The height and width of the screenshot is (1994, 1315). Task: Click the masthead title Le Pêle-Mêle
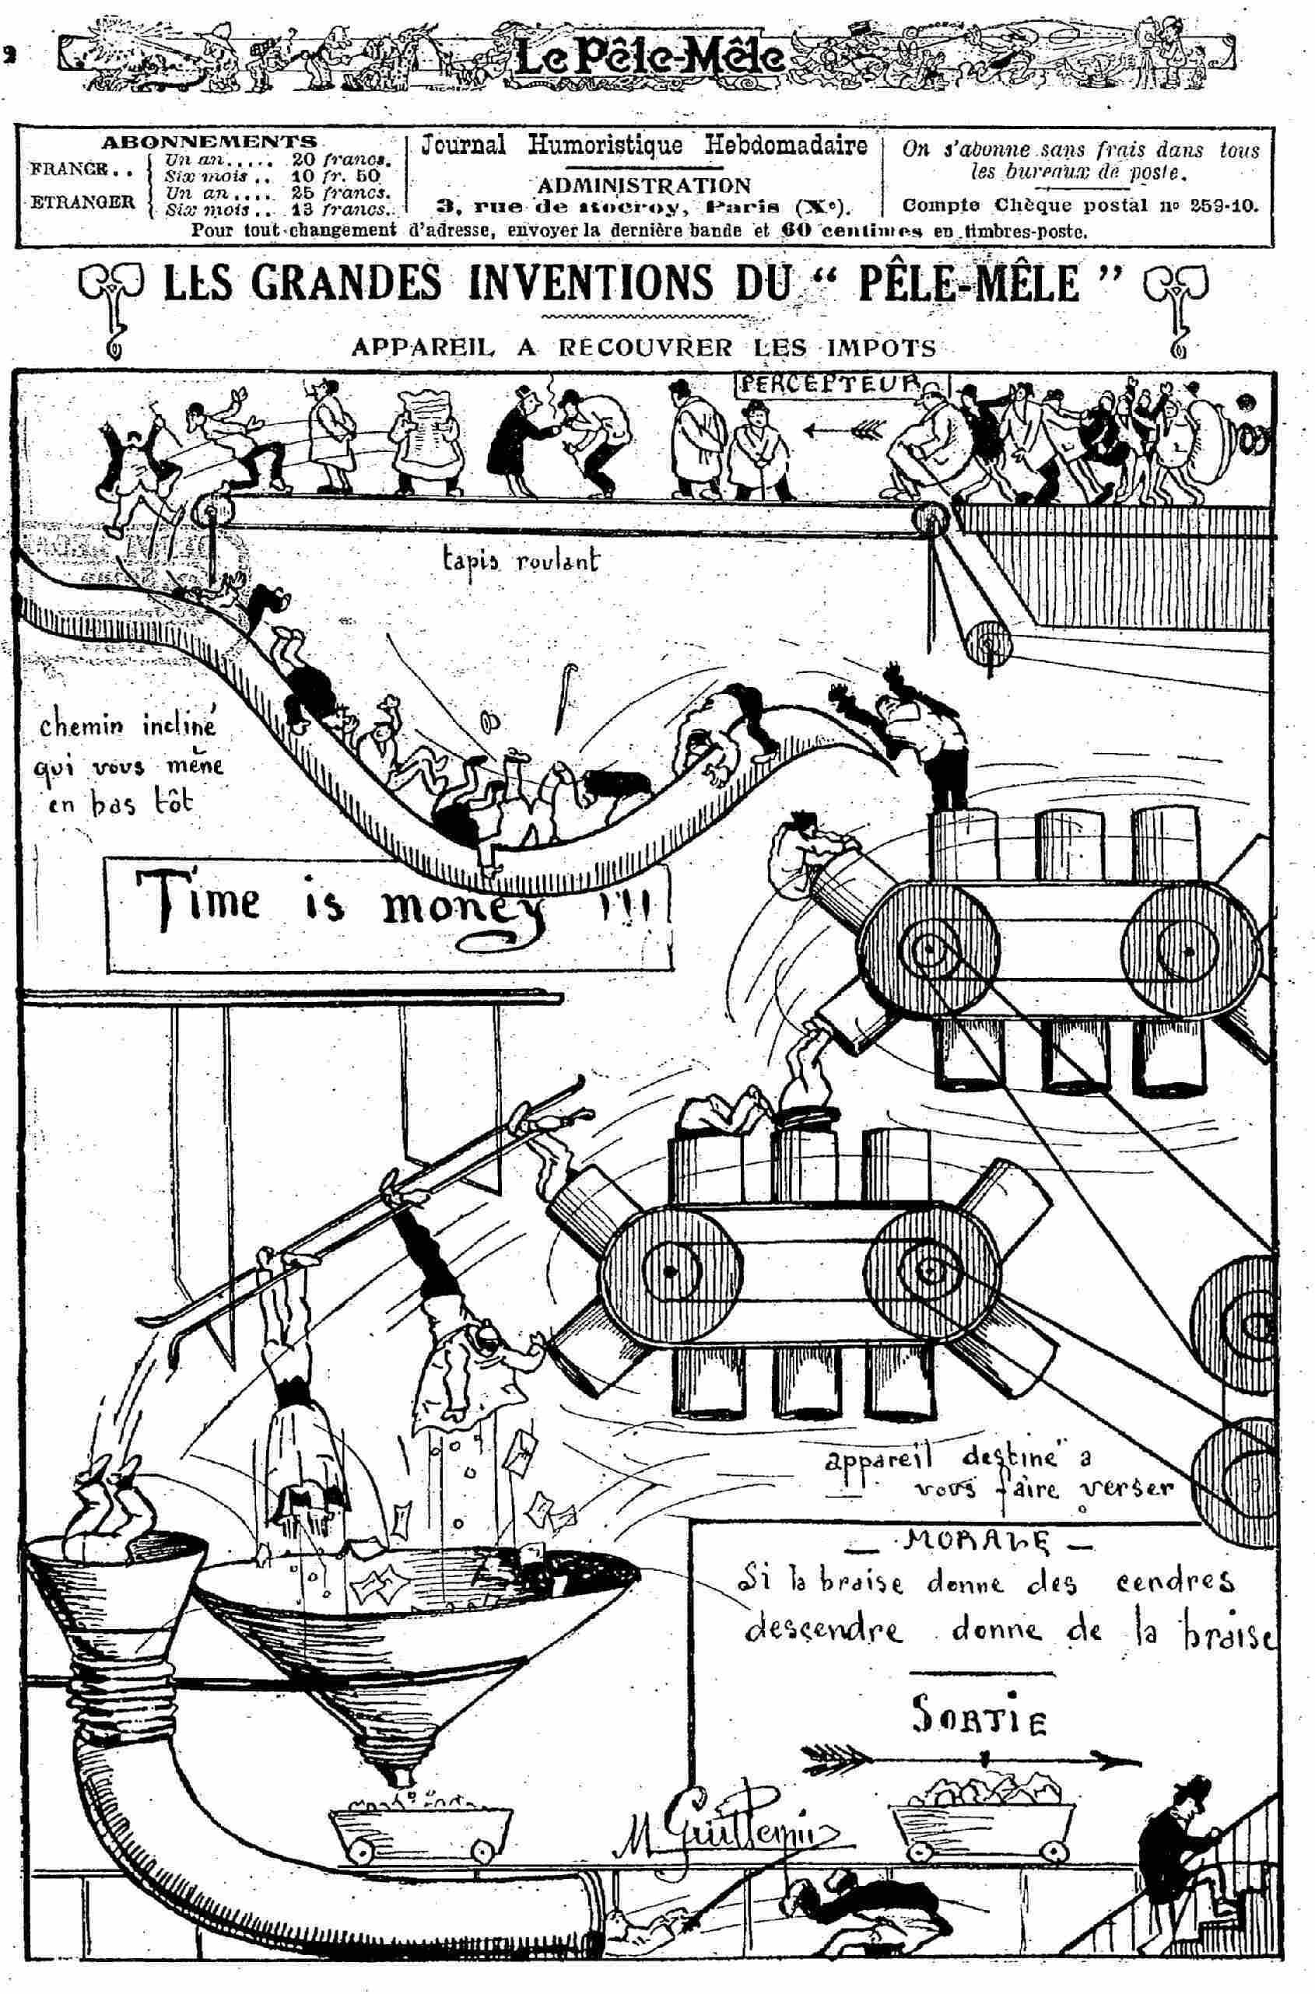point(650,58)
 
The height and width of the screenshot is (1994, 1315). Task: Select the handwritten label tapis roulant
point(521,561)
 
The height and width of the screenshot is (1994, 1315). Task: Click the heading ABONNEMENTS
point(209,141)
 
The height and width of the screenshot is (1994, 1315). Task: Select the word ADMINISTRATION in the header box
point(643,184)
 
